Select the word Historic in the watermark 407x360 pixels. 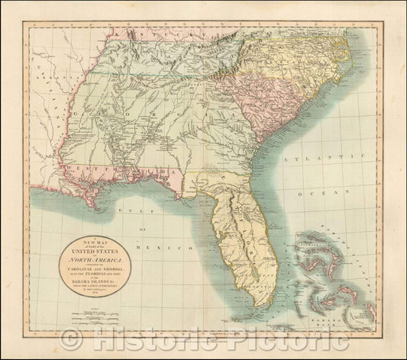(x=149, y=341)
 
